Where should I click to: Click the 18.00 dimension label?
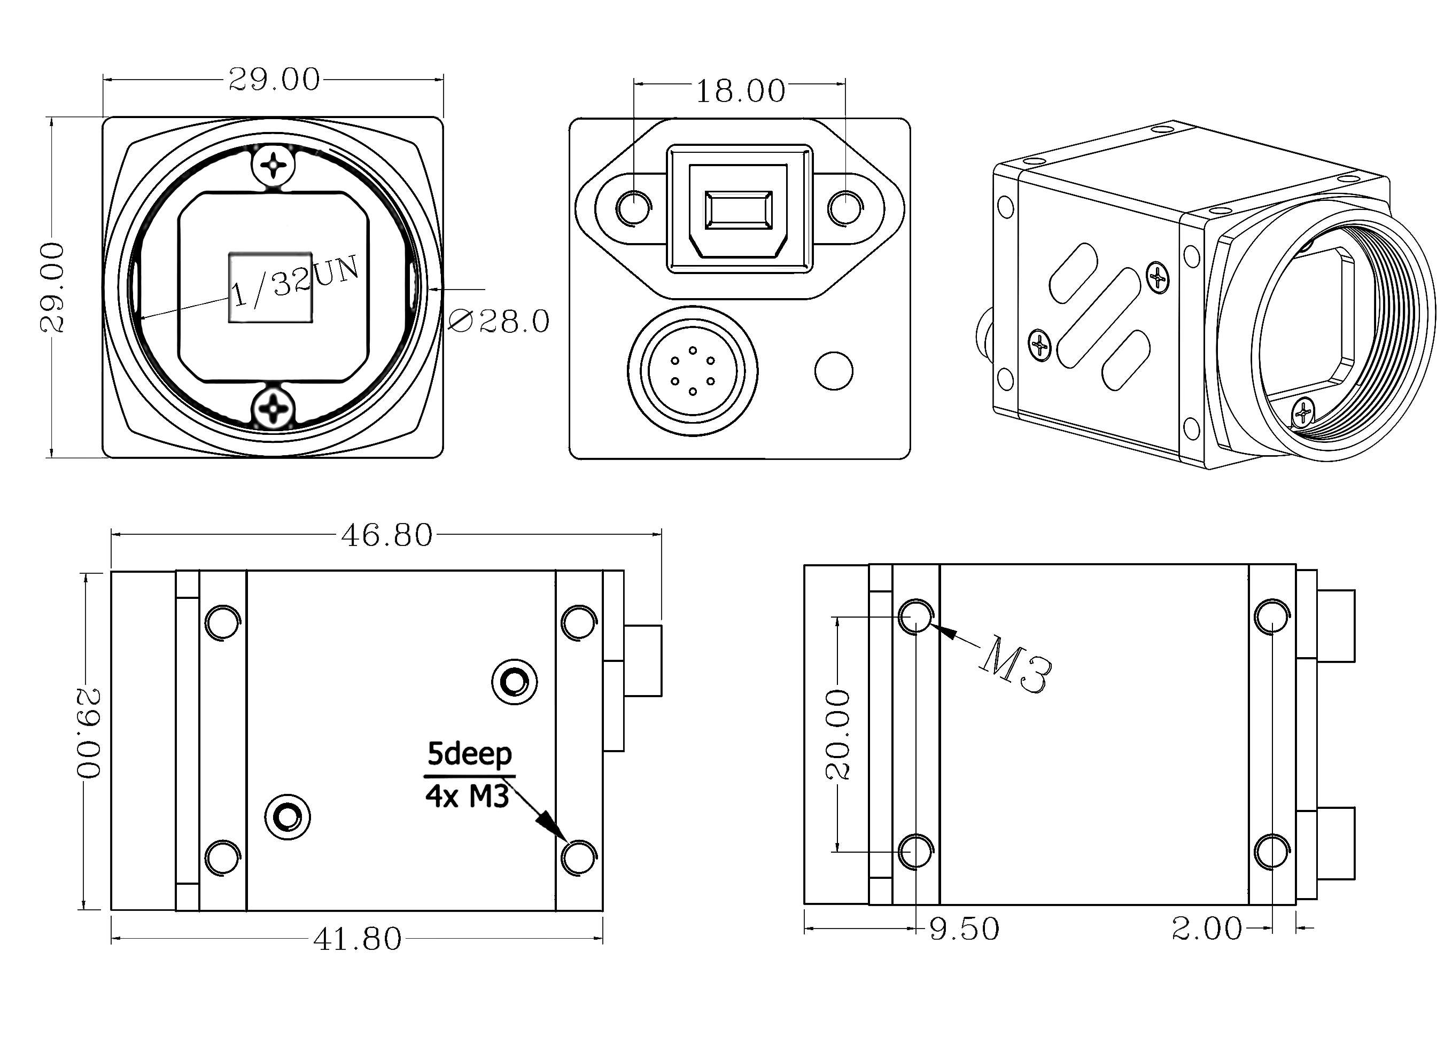(x=740, y=91)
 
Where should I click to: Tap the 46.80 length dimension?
(x=387, y=535)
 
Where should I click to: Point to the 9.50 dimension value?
(x=964, y=929)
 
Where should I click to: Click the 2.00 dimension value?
(x=1207, y=929)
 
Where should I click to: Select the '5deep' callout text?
(x=469, y=754)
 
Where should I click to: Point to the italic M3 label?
(x=1015, y=664)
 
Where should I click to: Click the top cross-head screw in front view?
(x=274, y=166)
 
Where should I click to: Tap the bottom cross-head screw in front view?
(x=274, y=408)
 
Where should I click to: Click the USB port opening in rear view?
(x=738, y=210)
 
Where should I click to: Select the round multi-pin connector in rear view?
(x=692, y=371)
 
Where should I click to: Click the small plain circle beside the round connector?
(x=834, y=371)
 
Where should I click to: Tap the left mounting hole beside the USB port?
(x=633, y=207)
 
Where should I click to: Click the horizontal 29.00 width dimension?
(x=274, y=80)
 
